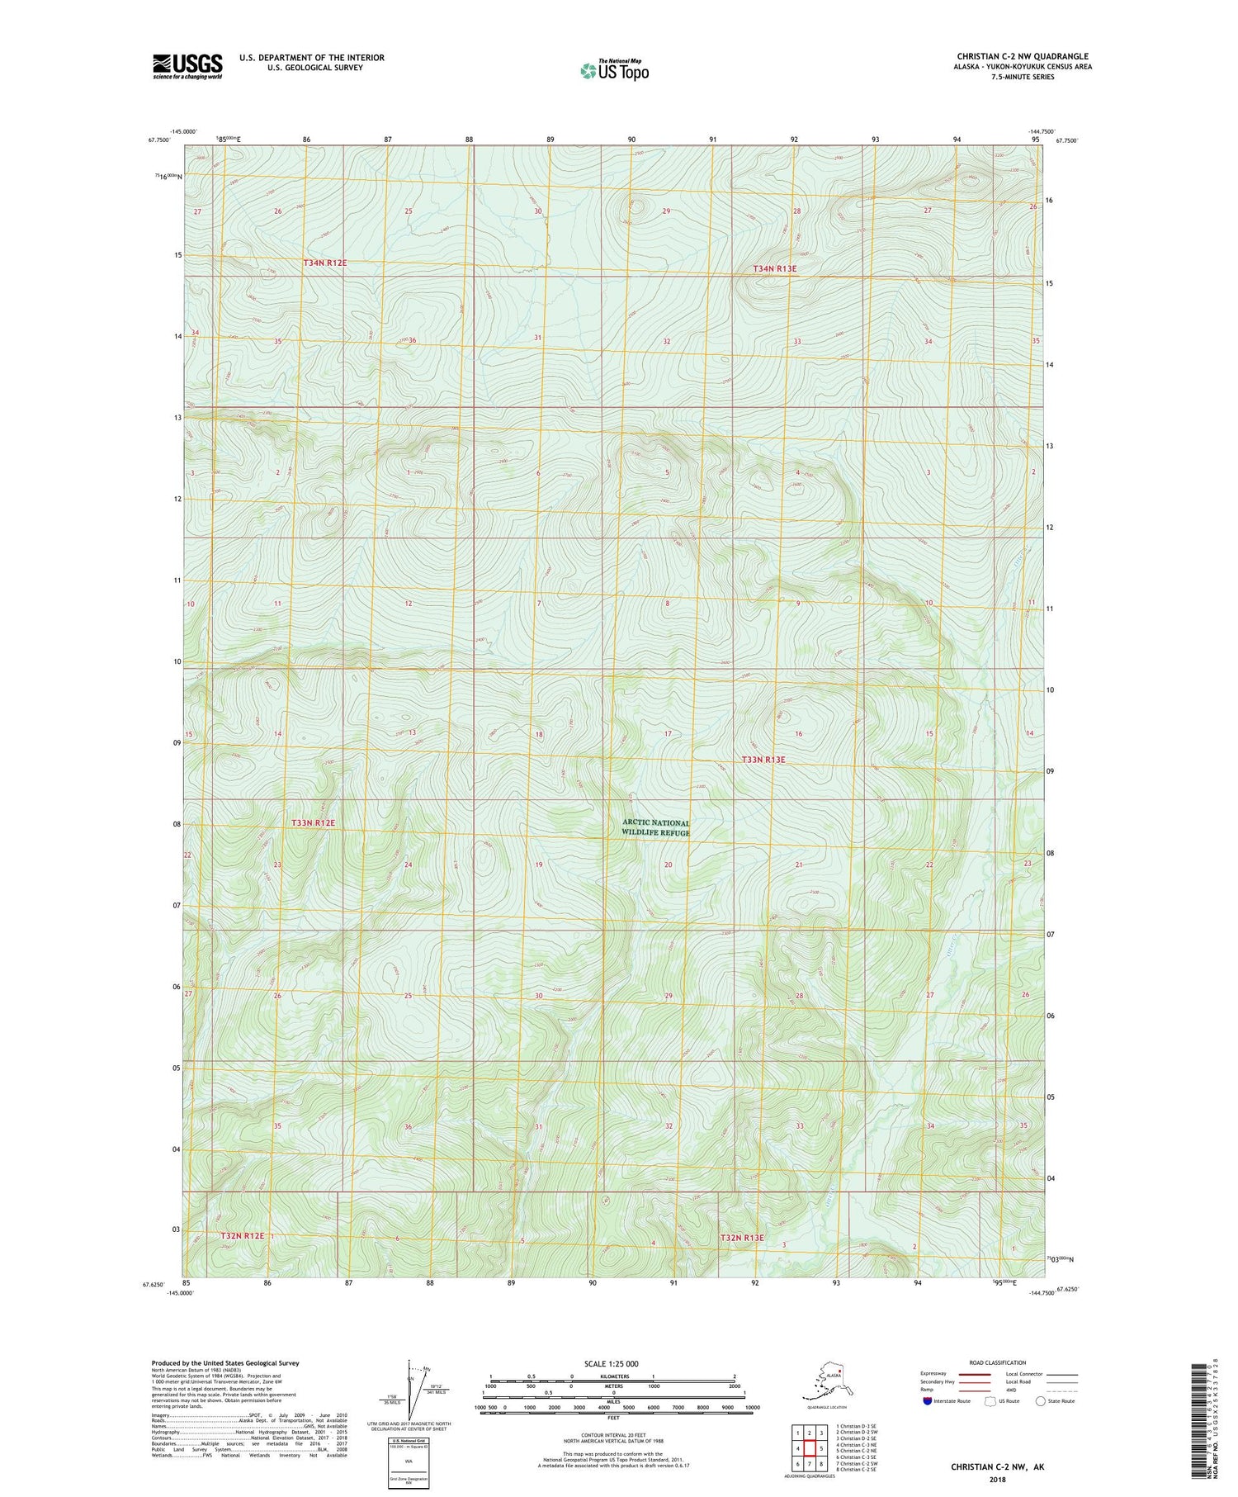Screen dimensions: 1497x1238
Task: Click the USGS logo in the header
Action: click(x=187, y=66)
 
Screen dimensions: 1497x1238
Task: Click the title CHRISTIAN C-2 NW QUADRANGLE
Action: click(x=1022, y=56)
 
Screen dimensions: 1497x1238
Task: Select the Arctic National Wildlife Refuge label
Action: click(x=656, y=827)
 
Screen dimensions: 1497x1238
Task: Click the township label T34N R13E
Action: click(x=775, y=268)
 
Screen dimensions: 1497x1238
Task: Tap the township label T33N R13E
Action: click(x=763, y=759)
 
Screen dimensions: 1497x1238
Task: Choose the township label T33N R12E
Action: click(x=314, y=822)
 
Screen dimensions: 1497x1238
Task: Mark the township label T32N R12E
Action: click(x=243, y=1235)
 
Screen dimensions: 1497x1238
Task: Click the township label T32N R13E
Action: click(x=742, y=1238)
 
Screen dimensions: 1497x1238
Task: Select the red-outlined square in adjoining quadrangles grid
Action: click(x=810, y=1447)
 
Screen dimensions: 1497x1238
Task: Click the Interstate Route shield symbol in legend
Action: click(x=928, y=1401)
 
